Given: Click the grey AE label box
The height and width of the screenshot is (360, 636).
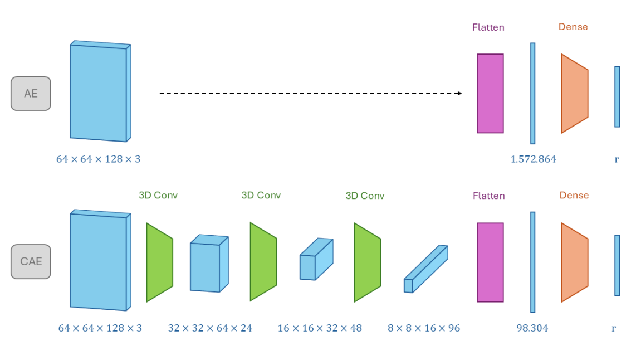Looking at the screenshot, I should coord(31,94).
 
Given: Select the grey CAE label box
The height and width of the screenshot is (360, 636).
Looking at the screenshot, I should coord(31,261).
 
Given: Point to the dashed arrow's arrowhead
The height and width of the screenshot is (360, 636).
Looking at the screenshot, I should coord(459,93).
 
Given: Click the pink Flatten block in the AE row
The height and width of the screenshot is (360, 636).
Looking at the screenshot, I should coord(490,94).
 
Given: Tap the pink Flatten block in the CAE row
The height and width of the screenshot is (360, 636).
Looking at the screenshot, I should coord(490,262).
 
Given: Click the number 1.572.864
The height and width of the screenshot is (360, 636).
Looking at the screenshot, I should coord(533,159).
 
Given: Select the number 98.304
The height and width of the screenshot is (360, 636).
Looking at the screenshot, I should coord(532,328).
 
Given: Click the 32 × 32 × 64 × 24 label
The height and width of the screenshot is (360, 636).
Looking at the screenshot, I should coord(210,328).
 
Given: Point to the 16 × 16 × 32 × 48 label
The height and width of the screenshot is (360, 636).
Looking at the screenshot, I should coord(320,328).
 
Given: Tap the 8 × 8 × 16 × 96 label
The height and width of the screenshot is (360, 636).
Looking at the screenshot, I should coord(424,328).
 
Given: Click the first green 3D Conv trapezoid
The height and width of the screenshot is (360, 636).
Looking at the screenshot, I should coord(160,262).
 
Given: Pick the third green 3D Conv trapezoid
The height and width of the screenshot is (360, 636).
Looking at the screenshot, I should coord(368,262).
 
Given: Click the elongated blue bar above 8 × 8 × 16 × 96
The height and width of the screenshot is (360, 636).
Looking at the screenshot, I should coord(425,269).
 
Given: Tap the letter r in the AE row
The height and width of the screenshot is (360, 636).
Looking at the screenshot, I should coord(617,159).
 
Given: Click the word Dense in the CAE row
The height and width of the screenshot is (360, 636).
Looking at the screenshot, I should coord(574,196).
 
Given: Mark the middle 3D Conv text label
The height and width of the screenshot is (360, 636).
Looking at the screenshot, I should coord(261,196).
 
